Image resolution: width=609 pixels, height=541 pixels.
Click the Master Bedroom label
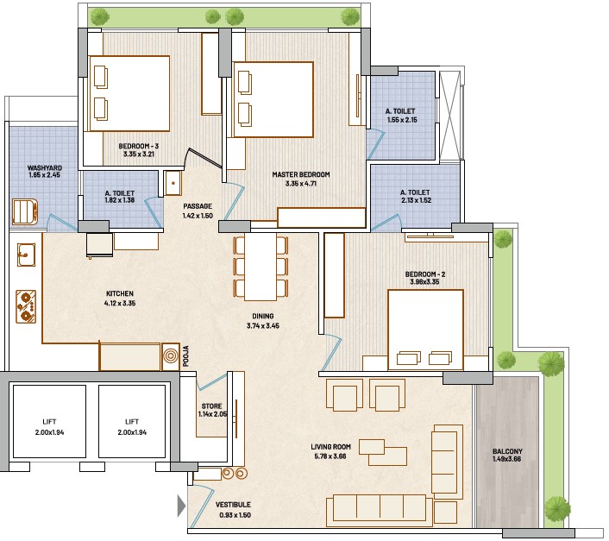tap(301, 175)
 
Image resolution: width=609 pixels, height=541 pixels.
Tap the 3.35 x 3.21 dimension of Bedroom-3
tap(139, 154)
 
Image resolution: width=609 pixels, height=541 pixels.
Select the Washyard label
tap(45, 167)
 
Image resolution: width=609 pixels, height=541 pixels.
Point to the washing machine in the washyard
tap(25, 211)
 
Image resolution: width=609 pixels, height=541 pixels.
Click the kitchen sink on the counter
tap(26, 255)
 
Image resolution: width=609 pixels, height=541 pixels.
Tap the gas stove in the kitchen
tap(26, 306)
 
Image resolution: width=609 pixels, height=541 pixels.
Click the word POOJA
tap(185, 356)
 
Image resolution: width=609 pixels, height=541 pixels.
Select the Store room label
tap(211, 406)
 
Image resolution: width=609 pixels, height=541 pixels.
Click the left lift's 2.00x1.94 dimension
tap(49, 432)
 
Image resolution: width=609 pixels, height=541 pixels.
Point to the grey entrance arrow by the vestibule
tap(181, 506)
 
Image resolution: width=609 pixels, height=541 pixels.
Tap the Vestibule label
tap(233, 505)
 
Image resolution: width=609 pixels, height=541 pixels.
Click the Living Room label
tap(330, 447)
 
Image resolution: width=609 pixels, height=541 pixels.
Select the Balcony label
tap(507, 451)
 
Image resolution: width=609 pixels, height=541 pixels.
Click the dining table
tap(261, 267)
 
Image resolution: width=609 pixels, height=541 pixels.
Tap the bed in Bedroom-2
tap(425, 330)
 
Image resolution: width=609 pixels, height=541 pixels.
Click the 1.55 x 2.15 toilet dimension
tap(402, 120)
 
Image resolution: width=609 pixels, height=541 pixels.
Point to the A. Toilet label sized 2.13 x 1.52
tap(415, 192)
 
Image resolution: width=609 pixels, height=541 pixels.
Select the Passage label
tap(198, 206)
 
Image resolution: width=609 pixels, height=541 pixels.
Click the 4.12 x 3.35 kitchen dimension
tap(120, 304)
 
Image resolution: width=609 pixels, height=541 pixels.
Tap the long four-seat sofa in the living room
tap(379, 511)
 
